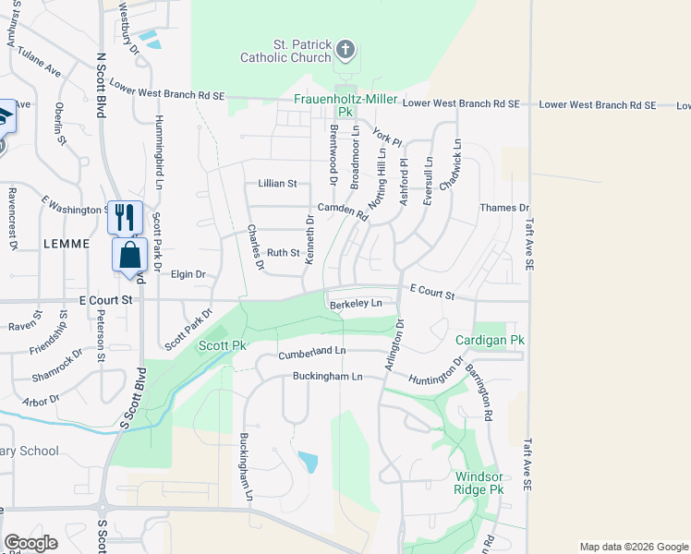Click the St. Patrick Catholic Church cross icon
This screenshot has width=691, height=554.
[x=345, y=49]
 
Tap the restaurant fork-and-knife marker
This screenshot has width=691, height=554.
[x=125, y=217]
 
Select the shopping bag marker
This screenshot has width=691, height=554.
[x=130, y=255]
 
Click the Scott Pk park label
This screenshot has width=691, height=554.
[x=222, y=345]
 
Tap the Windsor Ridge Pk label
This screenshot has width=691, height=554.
[x=479, y=482]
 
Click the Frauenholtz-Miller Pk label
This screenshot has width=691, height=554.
[x=345, y=105]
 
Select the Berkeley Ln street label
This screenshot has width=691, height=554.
[x=356, y=303]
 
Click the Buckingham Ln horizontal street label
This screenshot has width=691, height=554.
[x=324, y=377]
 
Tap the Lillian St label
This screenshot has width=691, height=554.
[x=277, y=184]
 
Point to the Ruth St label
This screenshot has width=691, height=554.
[x=284, y=252]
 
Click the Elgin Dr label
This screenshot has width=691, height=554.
[x=188, y=274]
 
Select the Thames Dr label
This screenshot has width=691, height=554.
[x=504, y=208]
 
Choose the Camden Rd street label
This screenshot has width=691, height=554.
[x=343, y=211]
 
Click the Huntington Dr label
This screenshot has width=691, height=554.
[x=436, y=371]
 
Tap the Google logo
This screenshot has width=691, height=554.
[x=30, y=543]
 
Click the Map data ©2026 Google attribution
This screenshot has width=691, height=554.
[x=633, y=547]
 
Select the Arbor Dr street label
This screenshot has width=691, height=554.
[x=42, y=400]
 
